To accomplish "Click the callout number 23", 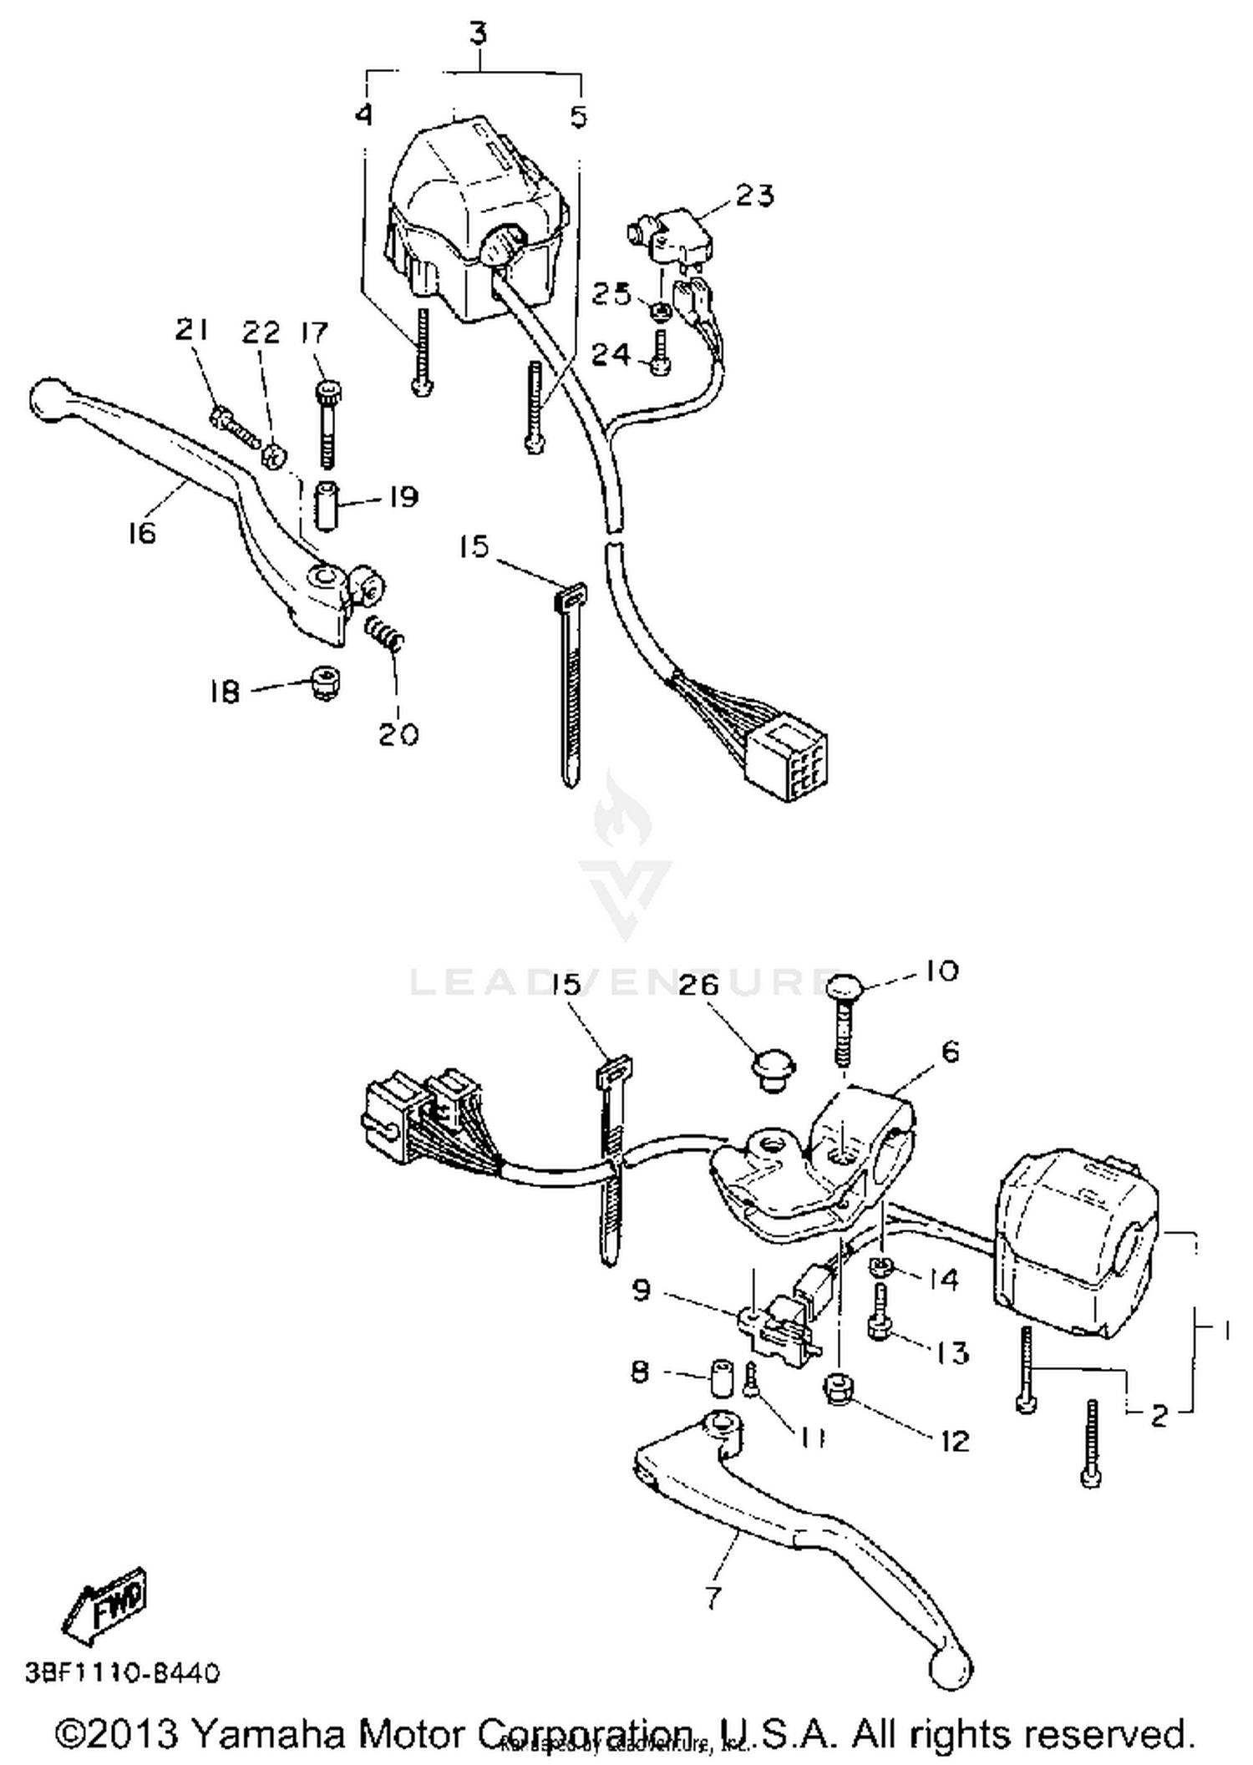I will pos(754,195).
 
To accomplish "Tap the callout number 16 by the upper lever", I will pos(142,532).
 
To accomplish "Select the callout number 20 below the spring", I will pos(398,734).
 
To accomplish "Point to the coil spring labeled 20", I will pos(385,631).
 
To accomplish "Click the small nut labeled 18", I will pos(324,682).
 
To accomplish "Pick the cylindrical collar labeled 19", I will pos(327,505).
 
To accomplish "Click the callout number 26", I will pos(699,985).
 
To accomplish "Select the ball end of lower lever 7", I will pos(951,1672).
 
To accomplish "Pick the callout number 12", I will pos(954,1440).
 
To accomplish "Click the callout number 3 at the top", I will pos(479,35).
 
